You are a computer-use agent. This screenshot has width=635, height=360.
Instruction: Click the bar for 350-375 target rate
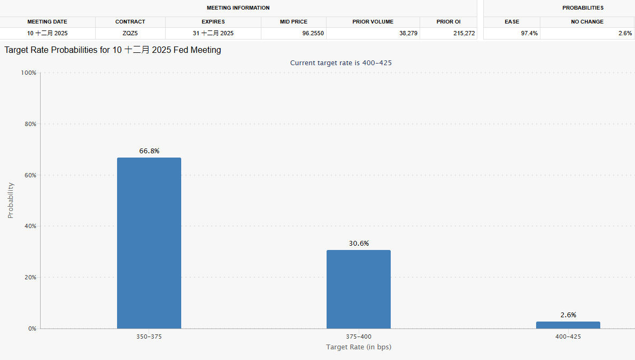(x=149, y=243)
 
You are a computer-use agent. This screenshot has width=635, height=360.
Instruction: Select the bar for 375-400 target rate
(x=358, y=289)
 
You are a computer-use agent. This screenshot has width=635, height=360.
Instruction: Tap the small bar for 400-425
(x=568, y=325)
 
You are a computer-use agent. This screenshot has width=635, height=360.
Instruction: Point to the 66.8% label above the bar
(x=149, y=151)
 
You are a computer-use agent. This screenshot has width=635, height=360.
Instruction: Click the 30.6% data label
(x=359, y=244)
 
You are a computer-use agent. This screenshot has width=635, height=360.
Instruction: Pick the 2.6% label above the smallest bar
(x=568, y=315)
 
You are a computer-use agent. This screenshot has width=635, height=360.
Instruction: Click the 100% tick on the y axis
(x=28, y=73)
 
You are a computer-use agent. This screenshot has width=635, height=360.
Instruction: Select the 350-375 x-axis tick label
(x=149, y=337)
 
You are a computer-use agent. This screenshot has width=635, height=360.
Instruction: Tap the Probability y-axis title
(x=11, y=200)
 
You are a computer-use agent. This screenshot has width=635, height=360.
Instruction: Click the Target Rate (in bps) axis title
(x=359, y=347)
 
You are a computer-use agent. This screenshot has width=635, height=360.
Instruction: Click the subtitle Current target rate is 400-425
(x=341, y=62)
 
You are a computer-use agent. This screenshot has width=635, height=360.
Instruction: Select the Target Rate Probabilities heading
(x=113, y=50)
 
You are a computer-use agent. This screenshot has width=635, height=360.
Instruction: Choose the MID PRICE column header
(x=293, y=22)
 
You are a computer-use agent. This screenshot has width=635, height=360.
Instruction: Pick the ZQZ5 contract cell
(x=130, y=33)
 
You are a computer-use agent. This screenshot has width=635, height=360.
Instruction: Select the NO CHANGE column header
(x=587, y=22)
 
